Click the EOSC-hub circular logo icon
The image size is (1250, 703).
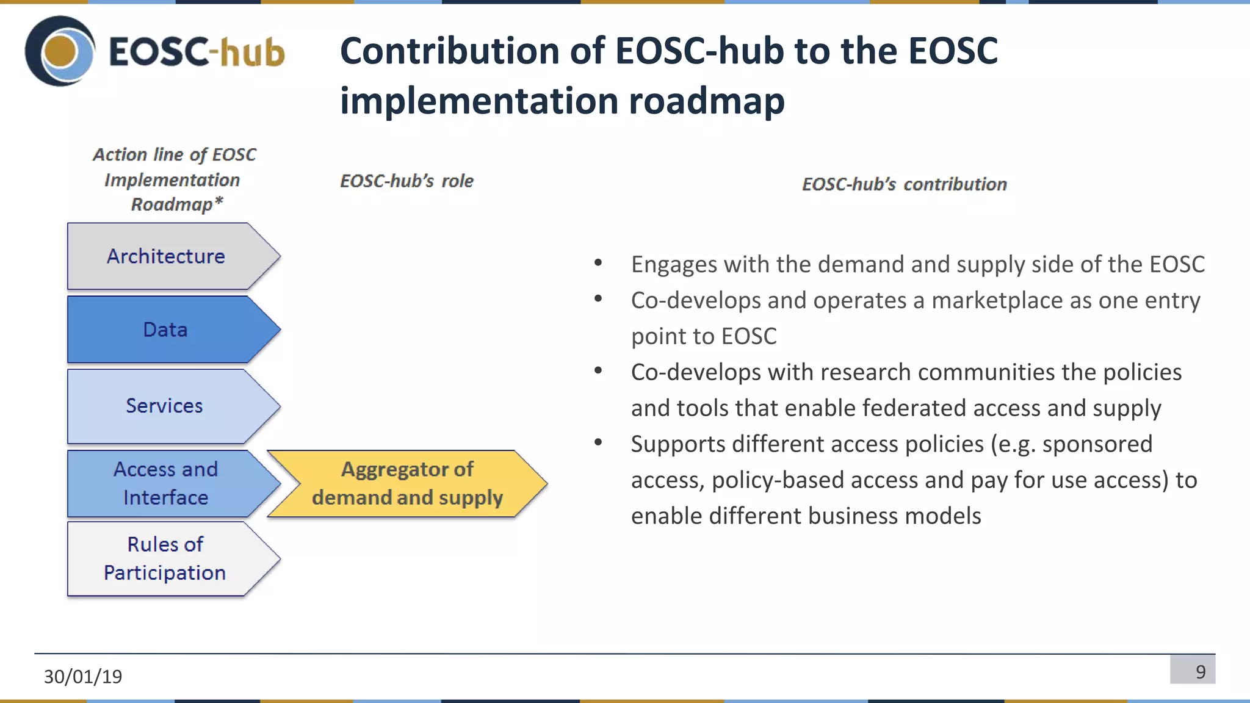click(x=60, y=51)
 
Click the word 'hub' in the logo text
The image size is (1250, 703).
click(x=251, y=52)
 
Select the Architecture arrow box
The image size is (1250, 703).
click(x=166, y=256)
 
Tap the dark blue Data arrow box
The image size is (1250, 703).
click(x=166, y=330)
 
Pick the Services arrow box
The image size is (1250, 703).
click(x=165, y=406)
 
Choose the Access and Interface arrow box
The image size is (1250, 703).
click(x=166, y=483)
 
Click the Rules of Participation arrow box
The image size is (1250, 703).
click(x=165, y=558)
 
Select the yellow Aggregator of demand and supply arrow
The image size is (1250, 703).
click(x=407, y=483)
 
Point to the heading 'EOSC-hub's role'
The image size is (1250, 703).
click(x=406, y=181)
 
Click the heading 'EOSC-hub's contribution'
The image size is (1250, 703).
click(x=904, y=184)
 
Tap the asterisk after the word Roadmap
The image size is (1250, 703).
click(x=219, y=201)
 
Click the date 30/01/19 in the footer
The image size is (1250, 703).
click(x=83, y=676)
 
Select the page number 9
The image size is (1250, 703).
click(x=1200, y=672)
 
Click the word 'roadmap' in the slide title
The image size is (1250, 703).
click(x=706, y=101)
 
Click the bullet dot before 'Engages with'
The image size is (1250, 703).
click(x=598, y=263)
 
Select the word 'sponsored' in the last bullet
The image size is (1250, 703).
click(x=1097, y=444)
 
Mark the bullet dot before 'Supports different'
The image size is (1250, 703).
click(x=598, y=442)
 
